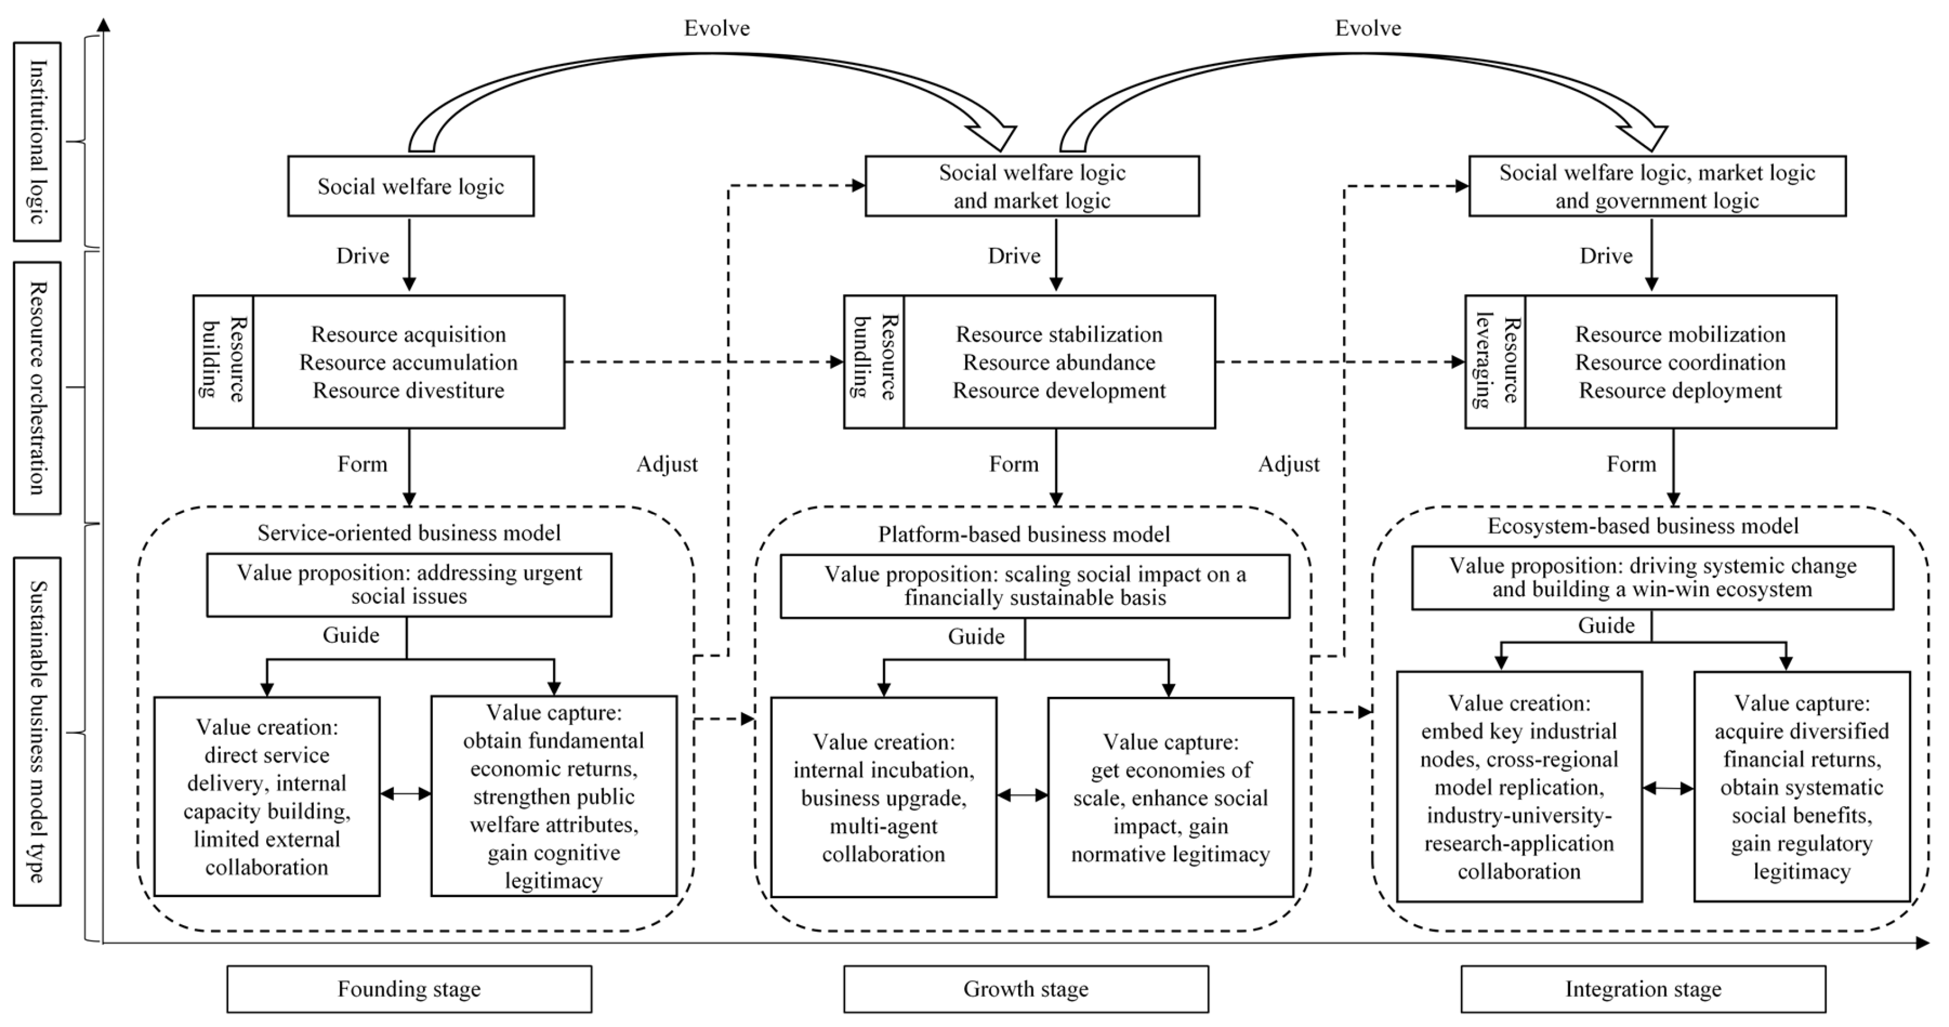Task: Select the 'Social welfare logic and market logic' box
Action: tap(1031, 186)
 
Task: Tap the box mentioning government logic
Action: tap(1656, 186)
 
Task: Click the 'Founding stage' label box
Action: tap(409, 988)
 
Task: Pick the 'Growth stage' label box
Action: tap(1025, 988)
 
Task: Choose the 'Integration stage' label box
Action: tap(1643, 988)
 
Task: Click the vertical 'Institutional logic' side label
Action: tap(37, 141)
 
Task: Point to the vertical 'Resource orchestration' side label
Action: tap(37, 388)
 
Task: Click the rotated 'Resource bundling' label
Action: tap(874, 361)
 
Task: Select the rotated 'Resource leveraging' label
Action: tap(1495, 361)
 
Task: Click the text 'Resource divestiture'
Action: tap(409, 390)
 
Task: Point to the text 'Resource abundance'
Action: tap(1058, 362)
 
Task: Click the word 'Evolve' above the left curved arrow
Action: tap(716, 29)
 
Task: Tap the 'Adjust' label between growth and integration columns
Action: tap(1288, 464)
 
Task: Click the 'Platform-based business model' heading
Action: tap(1024, 534)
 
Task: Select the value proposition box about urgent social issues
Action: tap(409, 584)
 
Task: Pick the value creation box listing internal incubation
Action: tap(883, 797)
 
